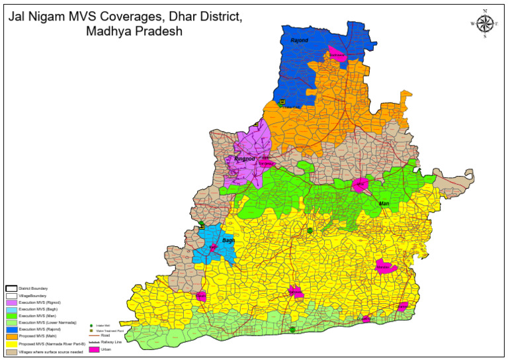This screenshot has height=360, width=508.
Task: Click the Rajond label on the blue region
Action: pos(300,41)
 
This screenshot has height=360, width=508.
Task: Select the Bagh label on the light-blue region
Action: pos(228,240)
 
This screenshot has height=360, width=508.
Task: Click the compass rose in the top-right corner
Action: pos(485,24)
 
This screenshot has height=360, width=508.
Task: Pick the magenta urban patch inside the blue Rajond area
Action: pos(337,55)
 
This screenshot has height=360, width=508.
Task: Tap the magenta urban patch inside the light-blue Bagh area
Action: pos(213,247)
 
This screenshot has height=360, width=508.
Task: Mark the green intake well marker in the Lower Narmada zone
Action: pos(292,329)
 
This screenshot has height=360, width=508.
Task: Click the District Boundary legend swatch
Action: pos(11,289)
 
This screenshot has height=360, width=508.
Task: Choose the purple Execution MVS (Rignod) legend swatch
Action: pos(11,302)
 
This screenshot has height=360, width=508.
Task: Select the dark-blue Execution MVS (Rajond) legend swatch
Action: pos(11,329)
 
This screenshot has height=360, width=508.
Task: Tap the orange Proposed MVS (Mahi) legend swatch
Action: pos(11,336)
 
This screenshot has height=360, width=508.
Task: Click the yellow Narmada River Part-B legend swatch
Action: pos(11,344)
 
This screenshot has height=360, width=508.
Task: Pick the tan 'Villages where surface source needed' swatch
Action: pos(11,351)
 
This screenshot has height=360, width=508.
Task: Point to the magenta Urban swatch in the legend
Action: pos(94,349)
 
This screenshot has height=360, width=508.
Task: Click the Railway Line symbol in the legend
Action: pos(94,341)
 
